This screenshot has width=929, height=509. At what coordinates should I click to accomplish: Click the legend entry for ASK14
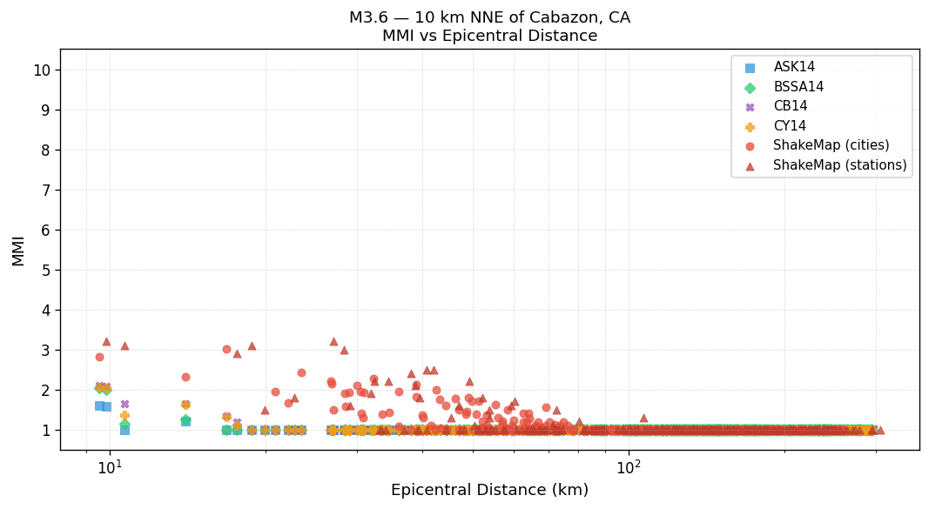(x=794, y=67)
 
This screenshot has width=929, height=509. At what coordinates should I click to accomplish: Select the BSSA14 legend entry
(x=798, y=87)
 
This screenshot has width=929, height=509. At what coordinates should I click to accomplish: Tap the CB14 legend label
(x=790, y=106)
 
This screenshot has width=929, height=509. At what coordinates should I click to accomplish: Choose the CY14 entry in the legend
(x=790, y=126)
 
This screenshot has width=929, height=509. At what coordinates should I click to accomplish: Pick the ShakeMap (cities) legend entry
(x=831, y=145)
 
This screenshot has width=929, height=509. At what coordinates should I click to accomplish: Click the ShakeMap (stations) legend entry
(x=839, y=165)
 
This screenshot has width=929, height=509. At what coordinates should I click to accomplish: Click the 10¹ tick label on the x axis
(x=109, y=467)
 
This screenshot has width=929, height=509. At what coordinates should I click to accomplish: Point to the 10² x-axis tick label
(x=629, y=467)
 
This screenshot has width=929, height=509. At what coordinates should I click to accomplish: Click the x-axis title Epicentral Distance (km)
(x=489, y=490)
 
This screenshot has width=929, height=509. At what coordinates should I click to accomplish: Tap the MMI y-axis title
(x=18, y=250)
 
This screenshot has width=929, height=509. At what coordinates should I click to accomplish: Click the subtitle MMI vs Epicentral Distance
(x=489, y=36)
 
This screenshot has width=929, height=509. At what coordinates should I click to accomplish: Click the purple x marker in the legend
(x=750, y=107)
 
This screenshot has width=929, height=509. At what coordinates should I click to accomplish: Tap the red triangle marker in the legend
(x=750, y=165)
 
